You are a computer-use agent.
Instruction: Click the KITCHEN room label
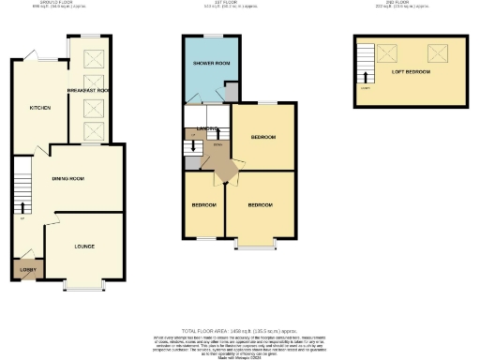click(39, 108)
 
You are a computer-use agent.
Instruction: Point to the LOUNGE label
click(84, 247)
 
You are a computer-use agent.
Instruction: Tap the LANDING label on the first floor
click(207, 129)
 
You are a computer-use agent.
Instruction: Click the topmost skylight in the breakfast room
click(96, 58)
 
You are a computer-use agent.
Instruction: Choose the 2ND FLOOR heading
click(408, 5)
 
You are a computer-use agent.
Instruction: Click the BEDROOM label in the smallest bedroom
click(204, 204)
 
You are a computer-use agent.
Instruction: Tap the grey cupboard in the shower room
click(231, 96)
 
